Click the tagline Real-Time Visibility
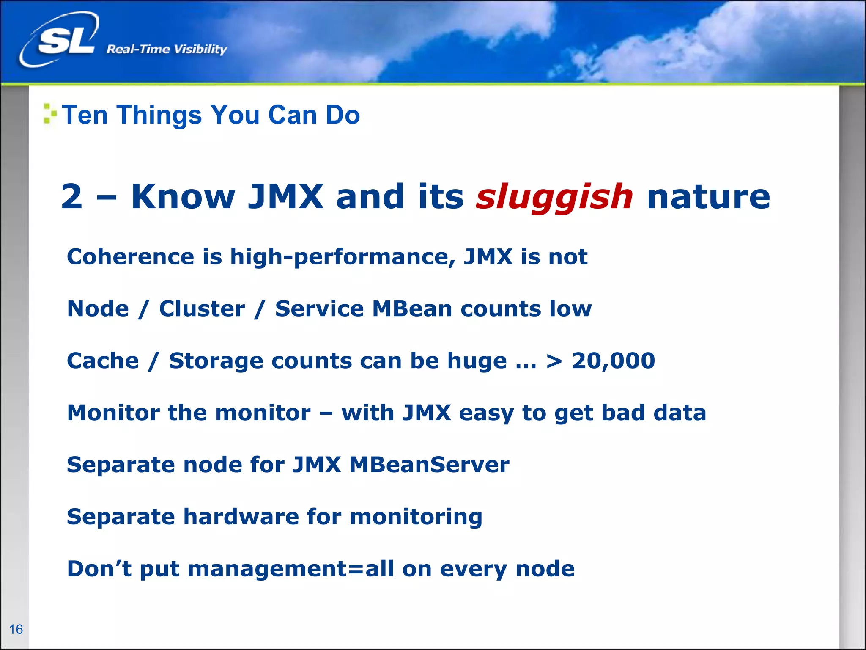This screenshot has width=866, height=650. coord(167,50)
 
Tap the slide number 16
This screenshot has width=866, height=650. coord(16,629)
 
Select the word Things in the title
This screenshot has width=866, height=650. coord(159,115)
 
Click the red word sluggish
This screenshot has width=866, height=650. coord(554,197)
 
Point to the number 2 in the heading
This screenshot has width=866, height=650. coord(71,197)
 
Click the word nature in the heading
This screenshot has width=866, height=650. coord(708,197)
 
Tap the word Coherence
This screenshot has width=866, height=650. coord(130,256)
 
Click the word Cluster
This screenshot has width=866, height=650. coord(202,308)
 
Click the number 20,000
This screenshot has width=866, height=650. coord(613,361)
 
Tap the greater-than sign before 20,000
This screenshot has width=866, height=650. coord(554,361)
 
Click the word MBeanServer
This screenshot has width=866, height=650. coord(429,465)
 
